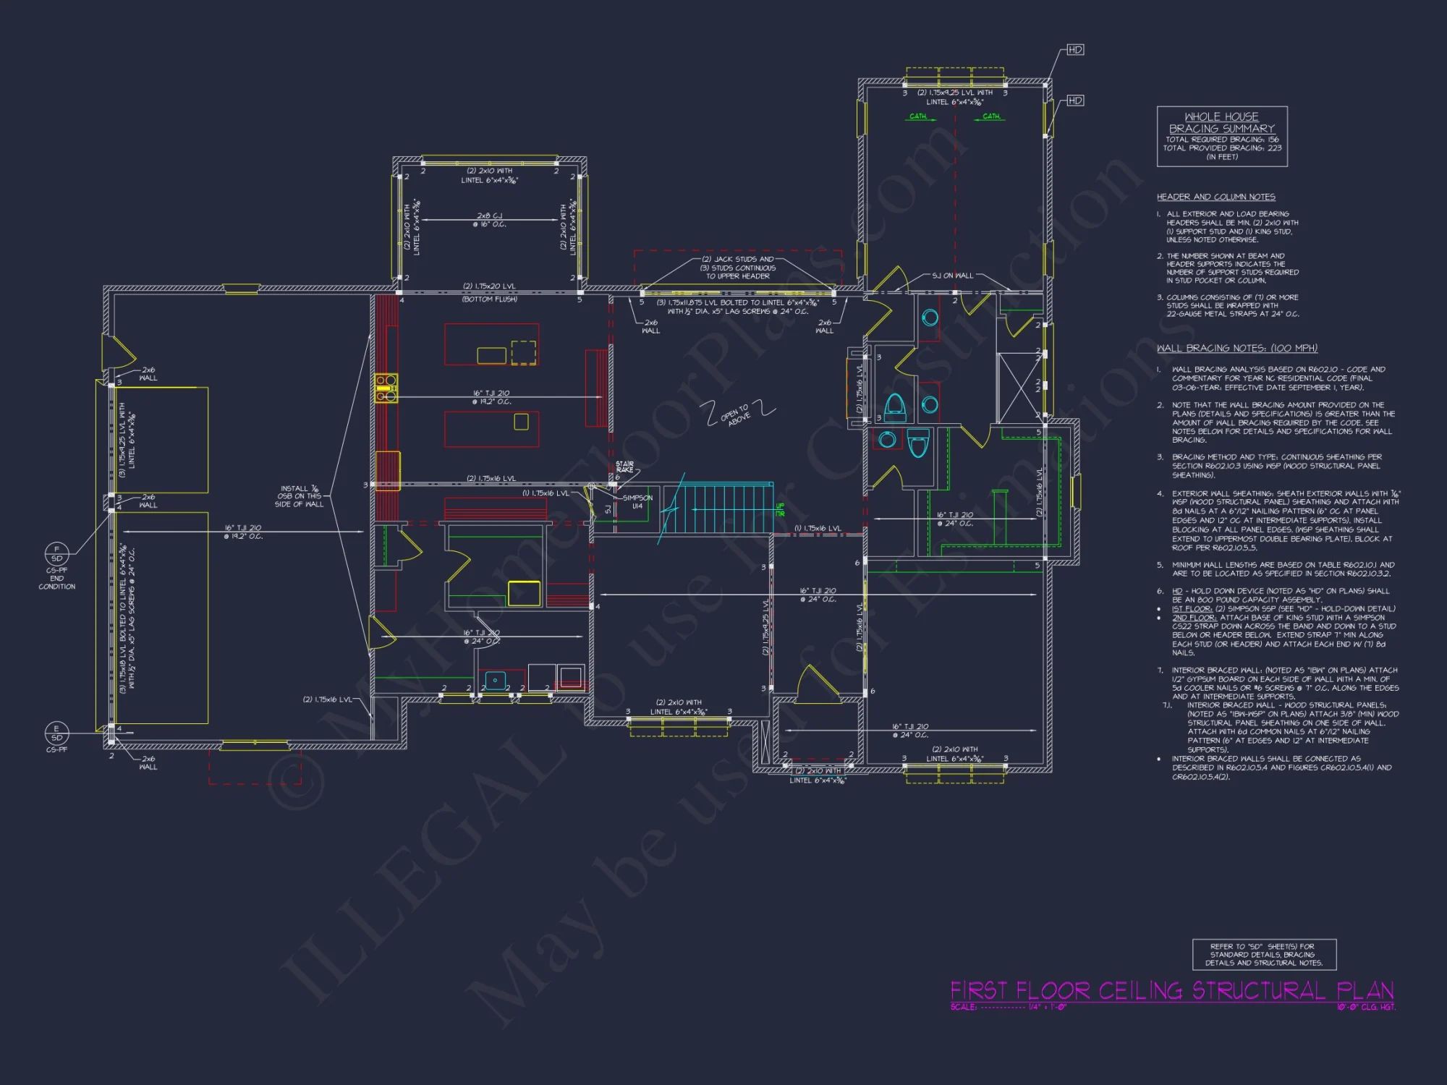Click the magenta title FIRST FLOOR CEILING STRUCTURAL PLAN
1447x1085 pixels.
[x=1171, y=990]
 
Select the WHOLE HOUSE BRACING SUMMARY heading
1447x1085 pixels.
[x=1222, y=122]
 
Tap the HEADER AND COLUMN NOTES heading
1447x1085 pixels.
[x=1215, y=197]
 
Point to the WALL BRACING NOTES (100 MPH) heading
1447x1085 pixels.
[x=1236, y=348]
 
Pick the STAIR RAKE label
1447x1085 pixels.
[x=624, y=467]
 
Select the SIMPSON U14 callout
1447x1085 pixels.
[x=637, y=502]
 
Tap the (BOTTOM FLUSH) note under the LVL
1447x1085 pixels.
[x=490, y=299]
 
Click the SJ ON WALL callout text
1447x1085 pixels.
[x=952, y=276]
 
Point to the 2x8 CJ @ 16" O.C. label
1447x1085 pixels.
[x=490, y=220]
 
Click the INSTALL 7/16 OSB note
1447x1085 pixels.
[x=299, y=496]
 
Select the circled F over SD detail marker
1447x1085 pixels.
[x=57, y=554]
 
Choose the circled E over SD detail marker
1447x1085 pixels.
[x=56, y=733]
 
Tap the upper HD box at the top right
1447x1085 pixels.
[x=1075, y=50]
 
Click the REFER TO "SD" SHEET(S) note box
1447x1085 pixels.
[x=1263, y=955]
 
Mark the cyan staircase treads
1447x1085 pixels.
[x=716, y=509]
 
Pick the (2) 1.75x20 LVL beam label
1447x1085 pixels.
[x=490, y=286]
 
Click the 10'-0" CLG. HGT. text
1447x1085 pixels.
[x=1366, y=1007]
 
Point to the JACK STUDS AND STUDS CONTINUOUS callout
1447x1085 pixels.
[x=738, y=268]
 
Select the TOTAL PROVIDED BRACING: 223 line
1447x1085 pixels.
[x=1222, y=148]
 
